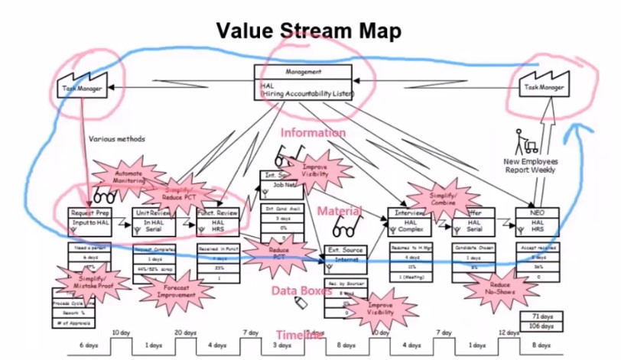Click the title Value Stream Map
(x=308, y=31)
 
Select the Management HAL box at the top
(x=303, y=81)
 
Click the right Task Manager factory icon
(x=544, y=84)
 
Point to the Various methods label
(x=116, y=139)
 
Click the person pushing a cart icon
(x=528, y=141)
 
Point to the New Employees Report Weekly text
(x=530, y=165)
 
